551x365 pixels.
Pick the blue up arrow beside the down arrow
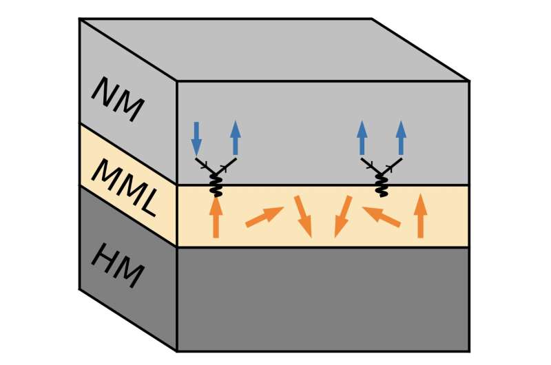click(235, 138)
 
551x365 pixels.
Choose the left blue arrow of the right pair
click(362, 138)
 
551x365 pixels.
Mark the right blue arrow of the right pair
click(400, 138)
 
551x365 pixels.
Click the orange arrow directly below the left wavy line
click(216, 216)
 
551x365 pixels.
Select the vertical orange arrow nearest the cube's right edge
click(420, 216)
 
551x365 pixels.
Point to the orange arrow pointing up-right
click(264, 216)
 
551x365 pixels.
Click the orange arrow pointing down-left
click(342, 216)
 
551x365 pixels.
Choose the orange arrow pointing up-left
click(381, 216)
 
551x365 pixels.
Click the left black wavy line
click(216, 183)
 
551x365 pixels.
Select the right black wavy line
click(381, 183)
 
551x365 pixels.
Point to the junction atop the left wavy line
click(216, 171)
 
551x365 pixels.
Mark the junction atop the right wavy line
click(381, 171)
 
